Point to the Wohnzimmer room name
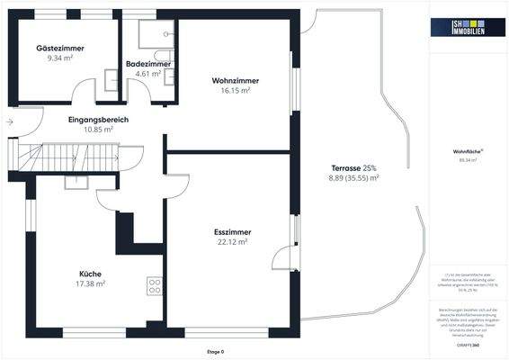tap(231, 80)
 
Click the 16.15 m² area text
tap(231, 90)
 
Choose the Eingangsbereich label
tap(98, 119)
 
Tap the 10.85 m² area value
tap(98, 129)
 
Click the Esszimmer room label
tap(231, 231)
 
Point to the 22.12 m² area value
tap(231, 241)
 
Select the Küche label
tap(90, 274)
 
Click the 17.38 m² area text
tap(90, 283)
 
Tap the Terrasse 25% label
tap(353, 168)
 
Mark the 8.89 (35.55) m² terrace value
tap(353, 178)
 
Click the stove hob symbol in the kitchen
tap(154, 287)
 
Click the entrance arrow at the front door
tap(9, 121)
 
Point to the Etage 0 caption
tap(216, 352)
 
